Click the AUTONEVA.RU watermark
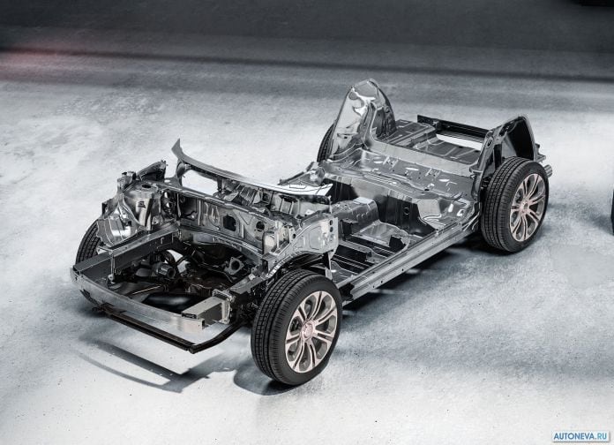pyautogui.click(x=579, y=436)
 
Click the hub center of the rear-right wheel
pyautogui.click(x=528, y=207)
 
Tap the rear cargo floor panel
pyautogui.click(x=432, y=146)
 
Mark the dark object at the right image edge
pyautogui.click(x=611, y=212)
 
